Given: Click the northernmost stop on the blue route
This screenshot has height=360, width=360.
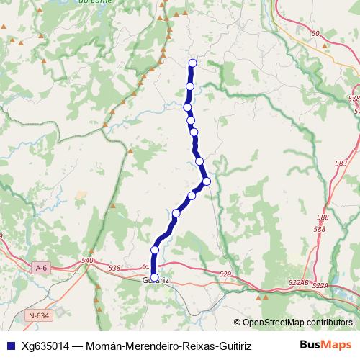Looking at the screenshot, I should (192, 63).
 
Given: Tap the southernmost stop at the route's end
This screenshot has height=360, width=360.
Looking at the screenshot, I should (154, 276).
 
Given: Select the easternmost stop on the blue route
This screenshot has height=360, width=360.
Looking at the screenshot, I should (207, 181).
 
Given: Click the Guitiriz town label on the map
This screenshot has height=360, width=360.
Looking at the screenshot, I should (156, 280).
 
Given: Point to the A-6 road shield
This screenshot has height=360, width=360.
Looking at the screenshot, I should (41, 268).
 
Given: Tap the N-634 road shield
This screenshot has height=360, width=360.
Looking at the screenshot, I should (40, 315).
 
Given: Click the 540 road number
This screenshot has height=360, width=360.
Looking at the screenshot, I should (88, 261).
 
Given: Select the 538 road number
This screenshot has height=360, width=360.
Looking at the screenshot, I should (114, 268).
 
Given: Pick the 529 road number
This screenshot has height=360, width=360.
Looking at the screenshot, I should (224, 274).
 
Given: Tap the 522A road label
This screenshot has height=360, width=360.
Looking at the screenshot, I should (320, 286).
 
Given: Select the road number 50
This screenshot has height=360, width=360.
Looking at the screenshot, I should (315, 34).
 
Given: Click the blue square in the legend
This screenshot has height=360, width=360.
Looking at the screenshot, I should (10, 346).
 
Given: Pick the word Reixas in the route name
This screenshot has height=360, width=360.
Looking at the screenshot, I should (186, 346).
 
